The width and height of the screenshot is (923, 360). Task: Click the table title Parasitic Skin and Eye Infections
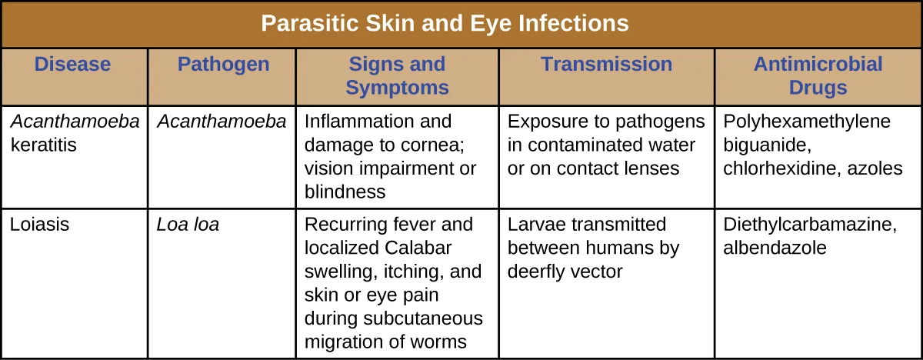(x=445, y=23)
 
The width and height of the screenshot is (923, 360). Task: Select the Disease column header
(x=72, y=65)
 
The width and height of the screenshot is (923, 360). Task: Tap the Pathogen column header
(x=223, y=65)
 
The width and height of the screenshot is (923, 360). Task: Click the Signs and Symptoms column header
(x=397, y=75)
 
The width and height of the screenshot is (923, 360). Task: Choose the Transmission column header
(x=606, y=65)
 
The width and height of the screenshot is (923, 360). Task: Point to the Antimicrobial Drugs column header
(x=818, y=75)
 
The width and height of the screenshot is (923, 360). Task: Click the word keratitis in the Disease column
(x=44, y=145)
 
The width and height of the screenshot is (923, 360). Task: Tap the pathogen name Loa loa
(x=188, y=225)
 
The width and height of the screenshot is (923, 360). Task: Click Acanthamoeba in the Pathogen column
(x=222, y=122)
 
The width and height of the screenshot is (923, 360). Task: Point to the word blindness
(x=345, y=192)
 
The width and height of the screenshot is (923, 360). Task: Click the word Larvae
(x=536, y=225)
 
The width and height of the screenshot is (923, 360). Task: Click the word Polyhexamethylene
(x=807, y=122)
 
